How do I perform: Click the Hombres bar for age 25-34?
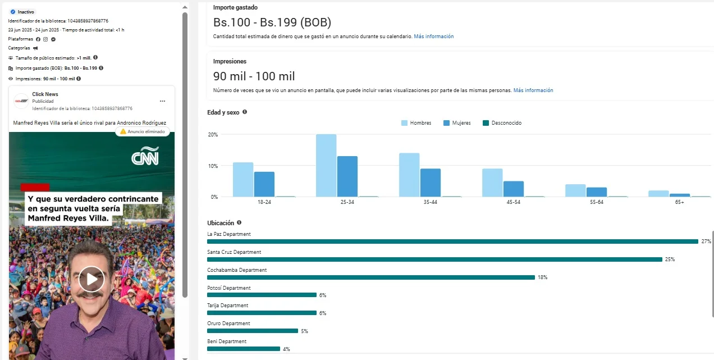[x=326, y=166]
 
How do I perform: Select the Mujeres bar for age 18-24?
[x=264, y=184]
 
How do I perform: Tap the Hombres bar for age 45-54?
[x=492, y=183]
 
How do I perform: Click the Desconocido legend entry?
[x=502, y=123]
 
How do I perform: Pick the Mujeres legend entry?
[x=457, y=123]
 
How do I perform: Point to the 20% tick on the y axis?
[x=213, y=135]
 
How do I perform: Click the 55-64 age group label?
[x=596, y=202]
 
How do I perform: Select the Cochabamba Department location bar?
[x=371, y=277]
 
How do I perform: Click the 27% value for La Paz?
[x=706, y=241]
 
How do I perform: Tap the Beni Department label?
[x=227, y=341]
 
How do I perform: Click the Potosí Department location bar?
[x=262, y=295]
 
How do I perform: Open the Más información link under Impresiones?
[x=533, y=90]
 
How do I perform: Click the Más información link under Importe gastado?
[x=434, y=37]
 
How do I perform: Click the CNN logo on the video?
[x=145, y=156]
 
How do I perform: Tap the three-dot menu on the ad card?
[x=163, y=101]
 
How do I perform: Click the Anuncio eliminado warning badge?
[x=143, y=131]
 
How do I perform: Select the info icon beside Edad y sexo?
[x=245, y=112]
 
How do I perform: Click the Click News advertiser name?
[x=45, y=94]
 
